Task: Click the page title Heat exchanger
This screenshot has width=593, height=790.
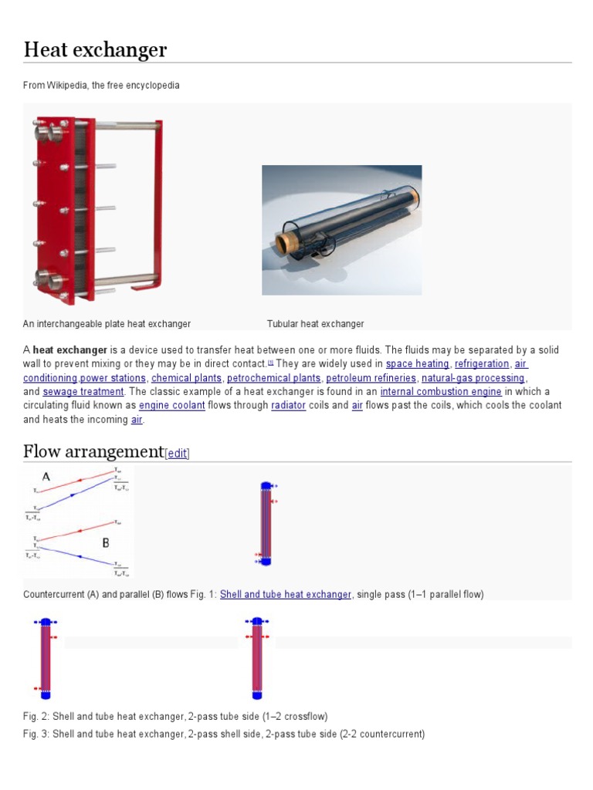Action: (95, 51)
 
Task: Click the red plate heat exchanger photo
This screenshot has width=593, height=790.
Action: (97, 210)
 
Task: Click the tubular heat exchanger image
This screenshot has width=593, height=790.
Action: (341, 229)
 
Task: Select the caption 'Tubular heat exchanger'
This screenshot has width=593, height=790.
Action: (315, 324)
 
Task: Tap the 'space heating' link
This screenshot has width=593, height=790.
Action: (417, 363)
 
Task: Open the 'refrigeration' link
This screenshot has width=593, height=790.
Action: (482, 363)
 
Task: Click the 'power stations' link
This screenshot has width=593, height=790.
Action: (113, 378)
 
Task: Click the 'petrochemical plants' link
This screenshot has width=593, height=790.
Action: (273, 378)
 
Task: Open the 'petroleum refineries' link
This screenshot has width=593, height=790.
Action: (370, 378)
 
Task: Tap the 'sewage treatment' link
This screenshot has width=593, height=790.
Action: (83, 392)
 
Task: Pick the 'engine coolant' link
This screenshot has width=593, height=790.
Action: (172, 406)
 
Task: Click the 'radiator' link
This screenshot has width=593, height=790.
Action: (288, 406)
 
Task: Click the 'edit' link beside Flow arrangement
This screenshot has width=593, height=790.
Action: (178, 454)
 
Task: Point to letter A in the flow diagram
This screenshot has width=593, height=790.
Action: (46, 478)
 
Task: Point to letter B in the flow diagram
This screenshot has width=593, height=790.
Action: (107, 543)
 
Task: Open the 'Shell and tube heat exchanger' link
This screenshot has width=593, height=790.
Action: (285, 595)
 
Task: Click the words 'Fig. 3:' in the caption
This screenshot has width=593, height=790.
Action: (36, 734)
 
